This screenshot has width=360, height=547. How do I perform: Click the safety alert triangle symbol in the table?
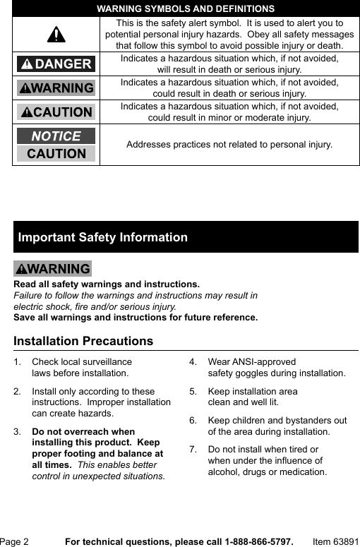click(x=56, y=35)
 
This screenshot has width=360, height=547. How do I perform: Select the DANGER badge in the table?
click(x=56, y=64)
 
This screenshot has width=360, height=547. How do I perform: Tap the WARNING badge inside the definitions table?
click(x=56, y=88)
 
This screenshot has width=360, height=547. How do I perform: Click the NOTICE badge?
click(x=56, y=136)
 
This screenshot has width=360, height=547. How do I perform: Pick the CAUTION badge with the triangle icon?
click(x=56, y=112)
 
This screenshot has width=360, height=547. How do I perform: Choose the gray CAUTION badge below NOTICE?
click(x=56, y=153)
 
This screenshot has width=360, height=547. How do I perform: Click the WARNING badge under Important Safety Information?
click(x=53, y=269)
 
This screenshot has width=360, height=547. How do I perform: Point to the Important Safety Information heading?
click(x=103, y=238)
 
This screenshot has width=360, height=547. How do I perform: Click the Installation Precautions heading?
click(x=83, y=341)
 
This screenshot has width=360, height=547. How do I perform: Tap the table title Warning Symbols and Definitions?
click(x=186, y=9)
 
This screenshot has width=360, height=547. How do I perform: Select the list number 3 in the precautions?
click(x=17, y=431)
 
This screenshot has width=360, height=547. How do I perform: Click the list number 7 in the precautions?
click(x=192, y=450)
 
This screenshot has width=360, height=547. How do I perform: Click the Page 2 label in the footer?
click(x=15, y=541)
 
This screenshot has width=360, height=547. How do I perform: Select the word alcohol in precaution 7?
click(x=224, y=472)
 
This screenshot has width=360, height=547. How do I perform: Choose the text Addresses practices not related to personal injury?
click(x=229, y=145)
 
